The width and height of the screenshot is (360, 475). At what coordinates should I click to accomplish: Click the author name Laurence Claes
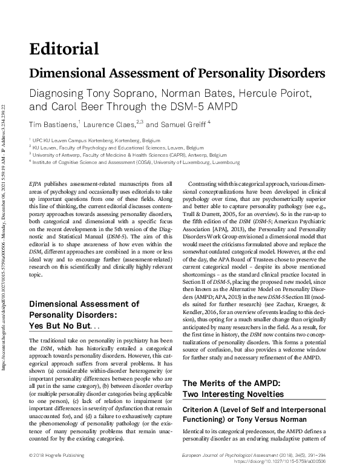[110, 124]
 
